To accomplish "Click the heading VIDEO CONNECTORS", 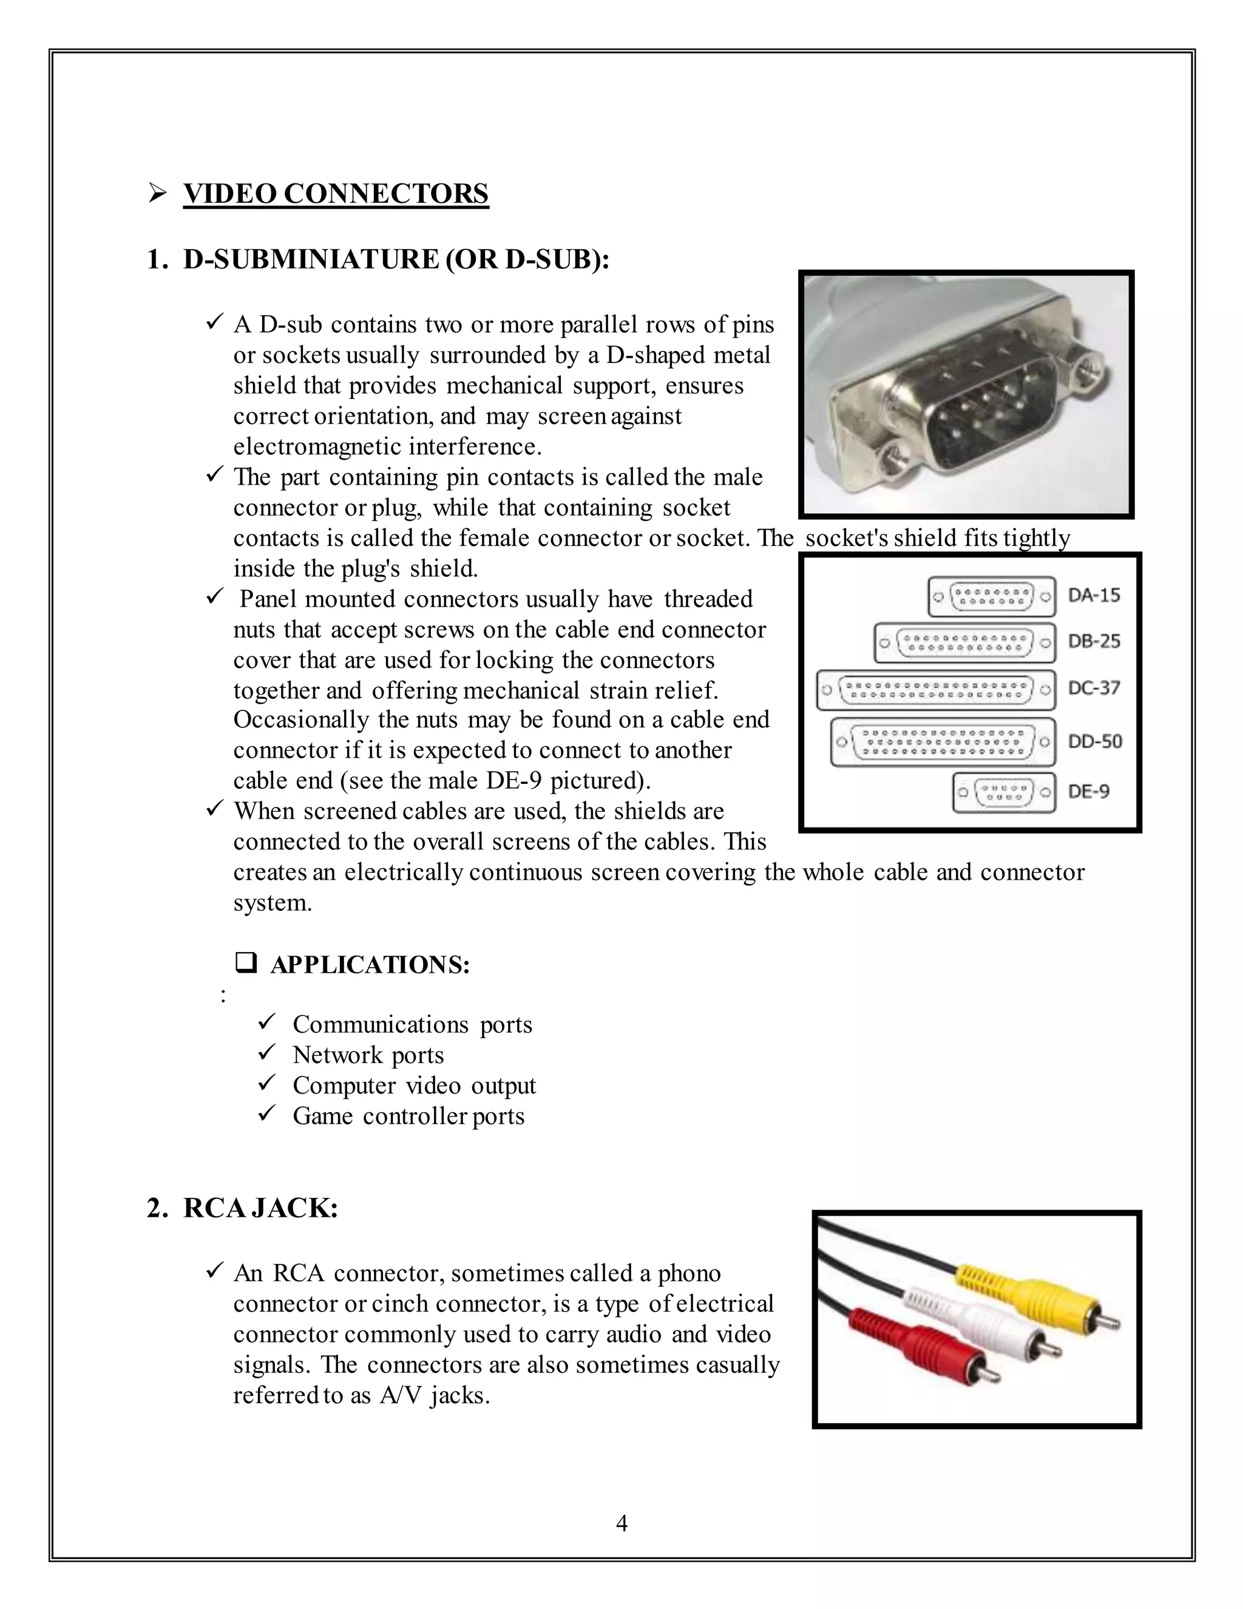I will tap(336, 194).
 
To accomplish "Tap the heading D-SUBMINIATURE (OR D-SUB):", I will tap(396, 260).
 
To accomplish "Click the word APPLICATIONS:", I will tap(370, 964).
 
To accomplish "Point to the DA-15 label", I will tap(1094, 594).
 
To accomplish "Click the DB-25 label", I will tap(1094, 641).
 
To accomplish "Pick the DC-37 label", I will tap(1094, 688).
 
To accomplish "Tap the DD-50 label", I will tap(1094, 741).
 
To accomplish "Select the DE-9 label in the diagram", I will tap(1088, 791).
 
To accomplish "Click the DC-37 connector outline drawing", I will tap(935, 690).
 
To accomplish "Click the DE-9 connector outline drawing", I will tap(1003, 793).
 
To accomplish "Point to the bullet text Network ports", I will tap(368, 1055).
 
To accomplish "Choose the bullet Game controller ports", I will tap(408, 1116).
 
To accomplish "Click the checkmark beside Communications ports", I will tap(266, 1022).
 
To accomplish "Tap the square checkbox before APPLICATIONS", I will tap(245, 963).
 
